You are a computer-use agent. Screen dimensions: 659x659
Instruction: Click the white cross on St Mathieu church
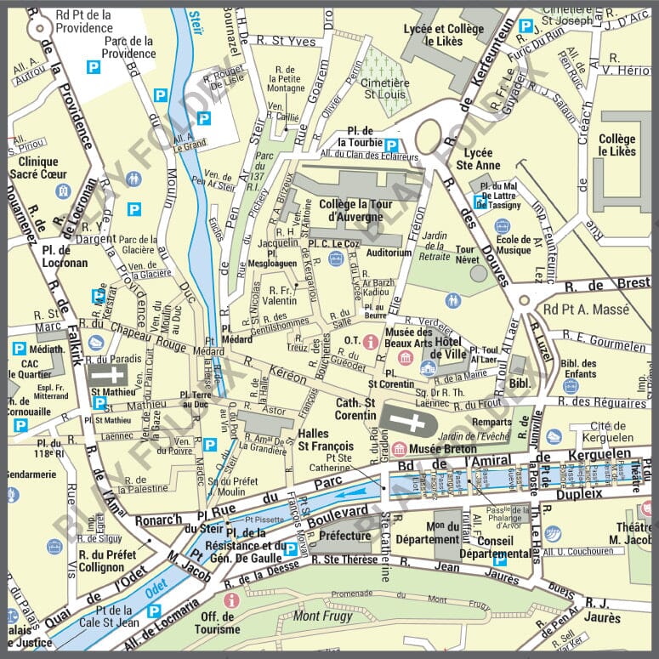point(107,374)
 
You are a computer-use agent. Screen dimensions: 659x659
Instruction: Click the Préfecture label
point(344,536)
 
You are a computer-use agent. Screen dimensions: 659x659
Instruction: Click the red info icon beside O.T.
point(370,341)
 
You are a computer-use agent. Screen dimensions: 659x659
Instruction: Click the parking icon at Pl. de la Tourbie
point(391,145)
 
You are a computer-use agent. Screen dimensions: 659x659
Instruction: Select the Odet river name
point(154,586)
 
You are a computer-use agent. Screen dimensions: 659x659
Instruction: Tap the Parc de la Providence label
point(129,47)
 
